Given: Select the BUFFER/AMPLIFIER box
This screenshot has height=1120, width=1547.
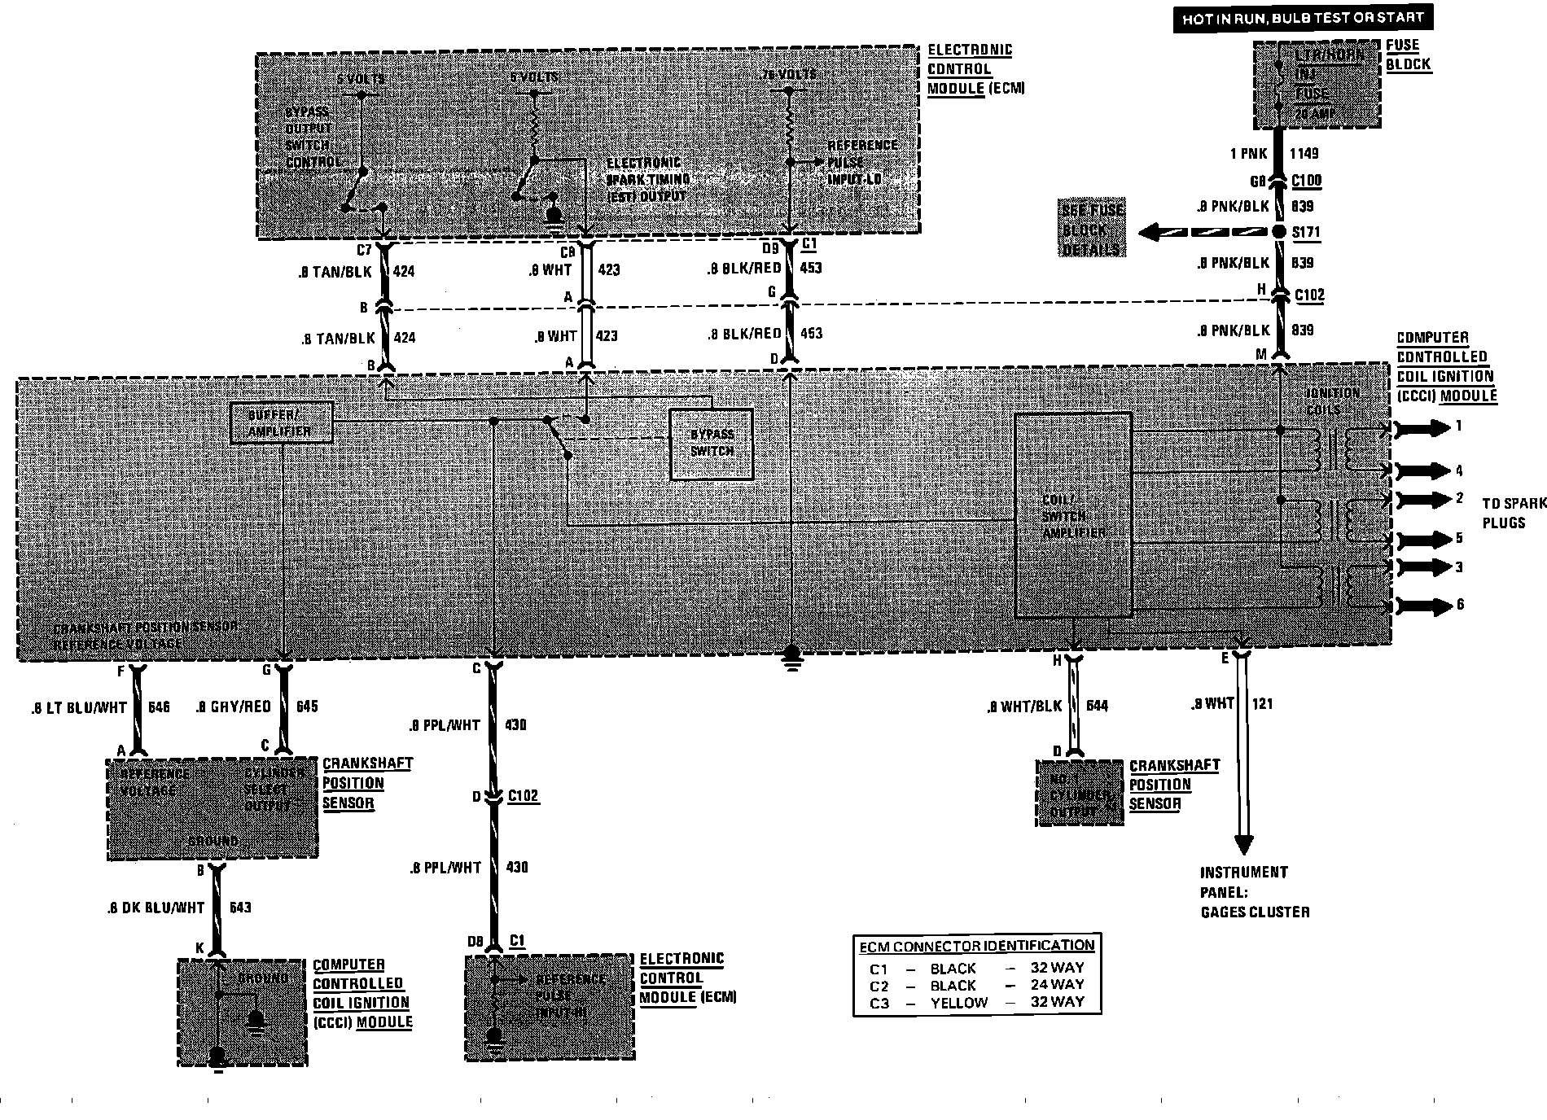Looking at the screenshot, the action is point(282,423).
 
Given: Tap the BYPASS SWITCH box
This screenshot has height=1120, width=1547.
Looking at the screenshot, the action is point(712,444).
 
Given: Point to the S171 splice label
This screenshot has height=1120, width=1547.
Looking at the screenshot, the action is point(1306,233).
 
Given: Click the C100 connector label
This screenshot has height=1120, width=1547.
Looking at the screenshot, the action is point(1306,180).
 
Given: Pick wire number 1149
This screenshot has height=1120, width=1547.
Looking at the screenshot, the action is point(1304,153).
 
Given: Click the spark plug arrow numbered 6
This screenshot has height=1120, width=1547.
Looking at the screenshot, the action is point(1426,606).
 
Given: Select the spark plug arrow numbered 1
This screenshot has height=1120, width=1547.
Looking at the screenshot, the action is point(1426,427).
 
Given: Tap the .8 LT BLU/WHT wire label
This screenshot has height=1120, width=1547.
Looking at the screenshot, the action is point(78,707).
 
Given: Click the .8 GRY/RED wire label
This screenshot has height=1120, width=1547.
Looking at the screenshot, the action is point(233,707).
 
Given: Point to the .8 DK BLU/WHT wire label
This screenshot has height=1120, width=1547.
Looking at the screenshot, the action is point(156,908).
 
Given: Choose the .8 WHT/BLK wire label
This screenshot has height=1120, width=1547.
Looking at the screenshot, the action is point(1023,706).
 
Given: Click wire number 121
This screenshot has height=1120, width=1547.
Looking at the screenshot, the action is point(1261,703).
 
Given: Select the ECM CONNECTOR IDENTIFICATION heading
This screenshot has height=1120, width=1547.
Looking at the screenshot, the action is point(977,946).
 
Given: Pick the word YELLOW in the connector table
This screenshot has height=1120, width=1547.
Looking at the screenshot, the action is point(958,1003).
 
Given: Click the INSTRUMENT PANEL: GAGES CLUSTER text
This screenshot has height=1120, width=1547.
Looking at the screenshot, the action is point(1254,892).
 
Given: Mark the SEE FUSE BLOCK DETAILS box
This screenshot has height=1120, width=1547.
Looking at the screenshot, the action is point(1092,229).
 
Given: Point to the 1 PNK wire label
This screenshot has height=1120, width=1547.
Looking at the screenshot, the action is point(1249,153).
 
